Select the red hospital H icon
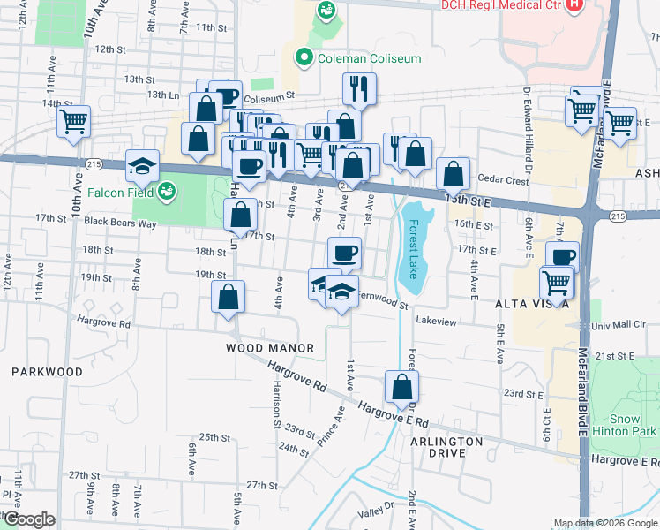coord(574,4)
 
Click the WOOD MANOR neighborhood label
coord(270,348)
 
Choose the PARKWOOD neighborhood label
coord(47,372)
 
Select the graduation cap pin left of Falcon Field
coord(141,165)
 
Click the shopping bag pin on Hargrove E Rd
coord(401,386)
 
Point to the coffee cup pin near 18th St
coord(344,253)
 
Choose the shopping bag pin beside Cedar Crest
coord(453,173)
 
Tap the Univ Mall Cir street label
coord(621,325)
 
